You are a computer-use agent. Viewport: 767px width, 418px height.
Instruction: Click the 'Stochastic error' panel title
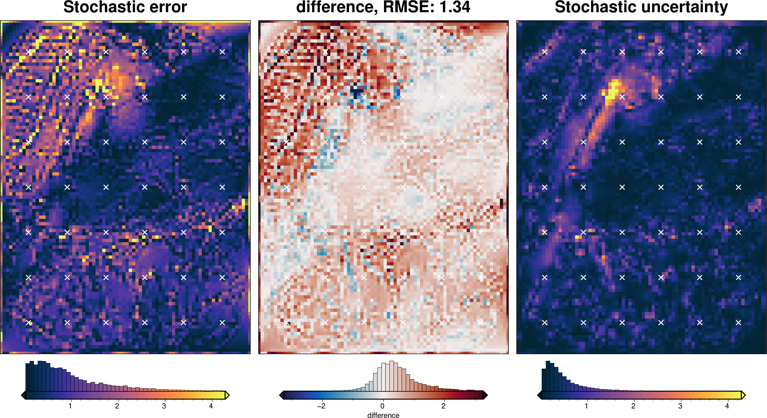[125, 7]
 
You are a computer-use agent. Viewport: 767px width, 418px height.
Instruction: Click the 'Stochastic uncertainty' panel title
[641, 7]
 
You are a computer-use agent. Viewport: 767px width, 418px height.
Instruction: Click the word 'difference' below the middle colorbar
[383, 415]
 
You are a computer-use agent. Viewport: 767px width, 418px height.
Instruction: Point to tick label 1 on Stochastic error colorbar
[70, 406]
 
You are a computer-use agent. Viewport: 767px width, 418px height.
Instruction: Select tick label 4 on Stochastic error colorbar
[211, 406]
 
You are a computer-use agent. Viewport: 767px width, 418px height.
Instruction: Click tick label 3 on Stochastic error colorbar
[164, 406]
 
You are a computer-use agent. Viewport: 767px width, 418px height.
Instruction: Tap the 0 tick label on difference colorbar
[382, 406]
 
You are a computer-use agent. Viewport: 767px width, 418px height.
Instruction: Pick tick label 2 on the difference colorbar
[443, 406]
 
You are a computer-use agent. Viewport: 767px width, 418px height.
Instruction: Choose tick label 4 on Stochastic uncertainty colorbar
[727, 406]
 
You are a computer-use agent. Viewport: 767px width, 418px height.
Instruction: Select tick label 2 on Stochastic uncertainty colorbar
[633, 406]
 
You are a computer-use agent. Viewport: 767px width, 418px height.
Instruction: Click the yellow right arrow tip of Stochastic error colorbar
[228, 395]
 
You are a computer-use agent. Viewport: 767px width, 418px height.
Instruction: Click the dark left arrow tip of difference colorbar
[281, 395]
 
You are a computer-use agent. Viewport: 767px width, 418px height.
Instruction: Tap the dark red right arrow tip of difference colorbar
[485, 395]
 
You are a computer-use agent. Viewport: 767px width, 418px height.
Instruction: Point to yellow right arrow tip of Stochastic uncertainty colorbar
[744, 395]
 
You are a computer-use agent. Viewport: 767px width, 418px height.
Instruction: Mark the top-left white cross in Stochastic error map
[29, 52]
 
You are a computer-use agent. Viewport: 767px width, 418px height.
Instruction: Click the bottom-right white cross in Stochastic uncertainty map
[738, 322]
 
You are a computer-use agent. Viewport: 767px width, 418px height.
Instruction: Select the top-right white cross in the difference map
[480, 52]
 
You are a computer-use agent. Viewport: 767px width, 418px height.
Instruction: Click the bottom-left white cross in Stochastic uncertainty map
[545, 322]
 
